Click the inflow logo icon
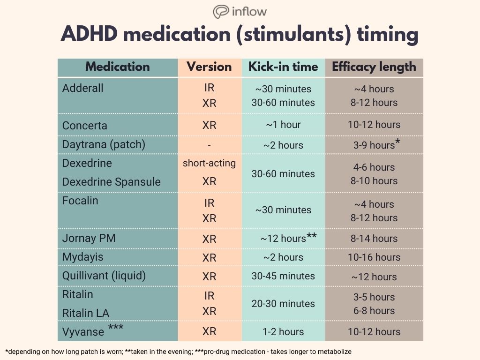click(220, 12)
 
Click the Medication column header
click(117, 67)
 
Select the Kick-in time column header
click(283, 67)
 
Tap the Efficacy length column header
click(374, 67)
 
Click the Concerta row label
click(85, 126)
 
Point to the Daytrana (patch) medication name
click(104, 144)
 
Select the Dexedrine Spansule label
click(112, 182)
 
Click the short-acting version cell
click(209, 163)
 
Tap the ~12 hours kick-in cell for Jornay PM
click(283, 239)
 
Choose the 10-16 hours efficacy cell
click(374, 257)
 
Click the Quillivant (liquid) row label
click(104, 276)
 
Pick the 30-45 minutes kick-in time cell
click(283, 276)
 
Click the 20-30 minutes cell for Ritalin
click(283, 304)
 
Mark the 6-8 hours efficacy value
click(374, 311)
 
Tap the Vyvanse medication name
click(83, 332)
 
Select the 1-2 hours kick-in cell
click(283, 332)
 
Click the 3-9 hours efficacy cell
click(374, 145)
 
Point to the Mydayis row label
click(83, 257)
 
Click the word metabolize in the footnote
click(333, 352)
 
